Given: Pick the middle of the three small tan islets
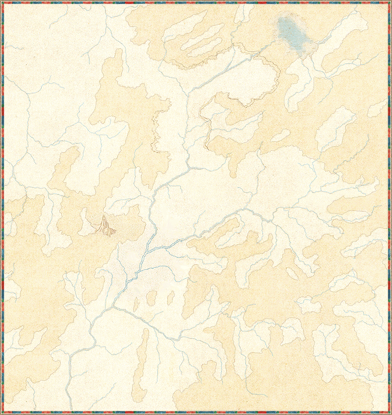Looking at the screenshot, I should pyautogui.click(x=151, y=298).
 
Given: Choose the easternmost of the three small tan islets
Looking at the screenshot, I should pyautogui.click(x=170, y=297).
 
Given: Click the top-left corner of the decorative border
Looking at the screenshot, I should pyautogui.click(x=2, y=2).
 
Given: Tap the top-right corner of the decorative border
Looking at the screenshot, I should pyautogui.click(x=389, y=2).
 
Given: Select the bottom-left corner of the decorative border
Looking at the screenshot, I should pyautogui.click(x=2, y=412).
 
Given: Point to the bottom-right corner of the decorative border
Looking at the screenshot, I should pyautogui.click(x=389, y=412).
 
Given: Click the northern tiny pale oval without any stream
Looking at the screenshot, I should pyautogui.click(x=280, y=136).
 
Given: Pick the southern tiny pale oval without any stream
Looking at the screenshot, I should pyautogui.click(x=292, y=273).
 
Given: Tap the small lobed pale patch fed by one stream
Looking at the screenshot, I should pyautogui.click(x=308, y=304).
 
